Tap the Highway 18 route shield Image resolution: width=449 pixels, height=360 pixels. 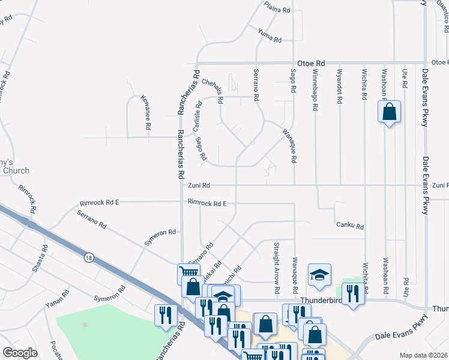click(88, 257)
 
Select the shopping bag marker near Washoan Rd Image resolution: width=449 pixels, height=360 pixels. click(389, 112)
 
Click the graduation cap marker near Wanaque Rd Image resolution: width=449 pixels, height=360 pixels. click(319, 275)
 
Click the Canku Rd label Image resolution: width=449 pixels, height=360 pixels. click(351, 226)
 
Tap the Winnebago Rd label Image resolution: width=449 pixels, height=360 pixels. click(315, 91)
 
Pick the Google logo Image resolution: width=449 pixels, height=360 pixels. click(20, 353)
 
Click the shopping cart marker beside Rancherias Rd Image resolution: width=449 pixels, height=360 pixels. click(188, 274)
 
